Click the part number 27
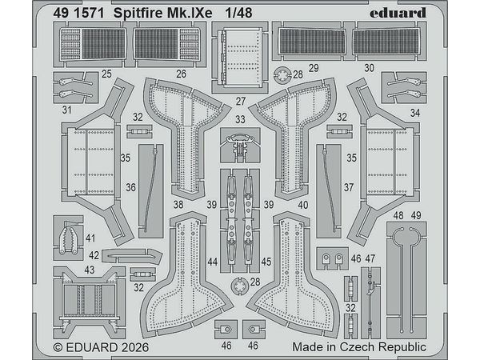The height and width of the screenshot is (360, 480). point(240,102)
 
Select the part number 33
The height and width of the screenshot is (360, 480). point(240,118)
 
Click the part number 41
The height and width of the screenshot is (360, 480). point(90,238)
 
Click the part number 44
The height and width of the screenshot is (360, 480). point(211,262)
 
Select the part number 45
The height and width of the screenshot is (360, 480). point(266,262)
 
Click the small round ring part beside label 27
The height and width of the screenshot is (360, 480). point(280,77)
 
